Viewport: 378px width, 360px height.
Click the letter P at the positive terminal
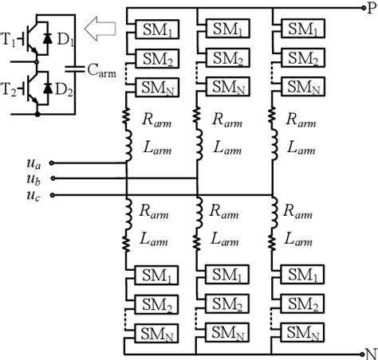369,7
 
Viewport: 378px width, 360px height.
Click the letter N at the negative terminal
369,351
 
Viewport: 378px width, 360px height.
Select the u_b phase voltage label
33,179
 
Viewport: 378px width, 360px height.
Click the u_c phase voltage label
33,194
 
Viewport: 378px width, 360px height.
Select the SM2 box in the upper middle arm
227,58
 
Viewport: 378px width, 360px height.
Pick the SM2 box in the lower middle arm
227,303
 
